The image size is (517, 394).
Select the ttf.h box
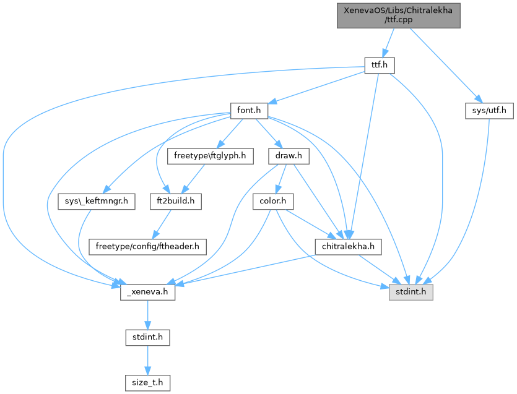[x=378, y=65]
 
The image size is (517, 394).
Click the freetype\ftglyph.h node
[x=210, y=156]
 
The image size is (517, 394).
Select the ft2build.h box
[x=176, y=202]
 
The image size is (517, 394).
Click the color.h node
[x=272, y=202]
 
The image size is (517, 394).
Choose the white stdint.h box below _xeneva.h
[x=147, y=338]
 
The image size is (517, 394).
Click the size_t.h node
[x=147, y=383]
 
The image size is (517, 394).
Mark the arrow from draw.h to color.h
[x=281, y=179]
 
